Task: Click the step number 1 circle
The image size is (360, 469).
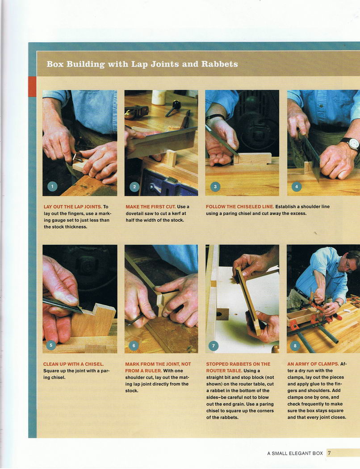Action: point(52,187)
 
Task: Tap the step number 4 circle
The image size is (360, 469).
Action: point(297,187)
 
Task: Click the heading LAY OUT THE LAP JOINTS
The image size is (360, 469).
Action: point(73,207)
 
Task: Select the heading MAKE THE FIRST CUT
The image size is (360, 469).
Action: point(151,207)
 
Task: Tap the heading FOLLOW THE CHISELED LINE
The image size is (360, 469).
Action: point(240,207)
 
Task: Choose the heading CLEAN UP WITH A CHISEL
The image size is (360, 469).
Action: point(74,364)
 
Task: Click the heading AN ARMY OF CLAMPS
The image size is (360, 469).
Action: point(313,364)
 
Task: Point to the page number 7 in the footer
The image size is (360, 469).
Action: point(329,453)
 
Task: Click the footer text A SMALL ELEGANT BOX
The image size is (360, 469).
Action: point(295,453)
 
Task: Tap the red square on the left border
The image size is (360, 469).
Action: point(32,87)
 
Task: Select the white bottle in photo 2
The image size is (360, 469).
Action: point(159,97)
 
